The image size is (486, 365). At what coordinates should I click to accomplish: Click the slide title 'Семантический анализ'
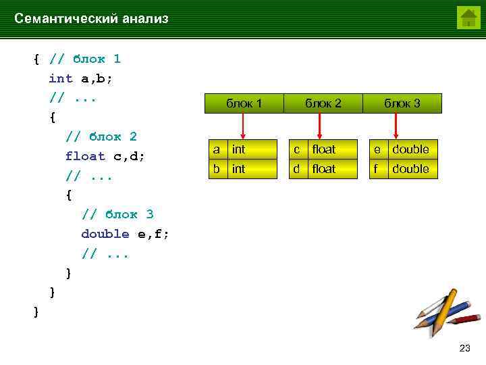pyautogui.click(x=91, y=19)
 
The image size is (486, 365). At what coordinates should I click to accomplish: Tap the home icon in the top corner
pyautogui.click(x=468, y=17)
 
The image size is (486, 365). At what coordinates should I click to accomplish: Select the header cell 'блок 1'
pyautogui.click(x=244, y=103)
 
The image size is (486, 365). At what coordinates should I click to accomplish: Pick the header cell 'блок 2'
pyautogui.click(x=323, y=103)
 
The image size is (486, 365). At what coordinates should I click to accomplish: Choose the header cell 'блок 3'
pyautogui.click(x=402, y=103)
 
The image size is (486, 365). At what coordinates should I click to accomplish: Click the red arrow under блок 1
pyautogui.click(x=244, y=126)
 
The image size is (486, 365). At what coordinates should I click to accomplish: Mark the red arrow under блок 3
pyautogui.click(x=396, y=126)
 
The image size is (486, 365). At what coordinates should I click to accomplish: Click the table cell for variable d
pyautogui.click(x=296, y=168)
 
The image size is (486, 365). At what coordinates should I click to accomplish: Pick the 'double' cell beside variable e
pyautogui.click(x=410, y=149)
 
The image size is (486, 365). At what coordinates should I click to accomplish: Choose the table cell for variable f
pyautogui.click(x=376, y=168)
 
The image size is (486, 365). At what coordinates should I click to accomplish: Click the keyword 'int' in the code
pyautogui.click(x=61, y=78)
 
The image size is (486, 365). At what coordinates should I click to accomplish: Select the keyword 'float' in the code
pyautogui.click(x=85, y=156)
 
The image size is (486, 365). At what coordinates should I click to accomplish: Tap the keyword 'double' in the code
pyautogui.click(x=105, y=234)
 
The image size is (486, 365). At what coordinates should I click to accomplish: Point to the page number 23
pyautogui.click(x=464, y=348)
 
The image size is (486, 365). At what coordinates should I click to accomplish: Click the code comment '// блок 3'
pyautogui.click(x=117, y=214)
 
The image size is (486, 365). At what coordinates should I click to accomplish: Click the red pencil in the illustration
pyautogui.click(x=462, y=320)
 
